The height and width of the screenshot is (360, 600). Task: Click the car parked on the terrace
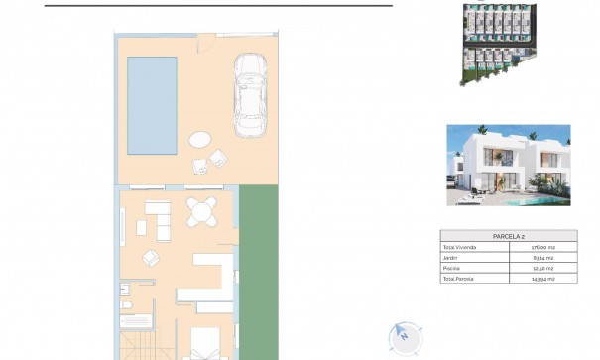252,96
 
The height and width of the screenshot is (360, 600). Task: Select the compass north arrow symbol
405,337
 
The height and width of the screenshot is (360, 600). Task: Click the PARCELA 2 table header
508,236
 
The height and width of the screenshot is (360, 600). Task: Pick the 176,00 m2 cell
541,247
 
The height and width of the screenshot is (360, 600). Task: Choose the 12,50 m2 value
541,269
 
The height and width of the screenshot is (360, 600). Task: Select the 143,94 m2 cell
541,279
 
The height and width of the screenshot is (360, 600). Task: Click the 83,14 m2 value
541,258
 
